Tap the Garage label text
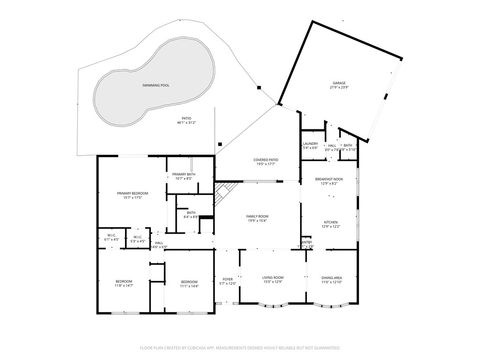tap(338, 84)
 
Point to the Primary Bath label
tap(182, 176)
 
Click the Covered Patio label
tap(265, 160)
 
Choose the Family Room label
tap(259, 219)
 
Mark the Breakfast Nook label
tap(331, 180)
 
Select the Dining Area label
tap(332, 279)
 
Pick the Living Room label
tap(273, 279)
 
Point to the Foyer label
tap(227, 283)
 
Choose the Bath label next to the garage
tap(347, 146)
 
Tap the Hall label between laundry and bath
tap(330, 146)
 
